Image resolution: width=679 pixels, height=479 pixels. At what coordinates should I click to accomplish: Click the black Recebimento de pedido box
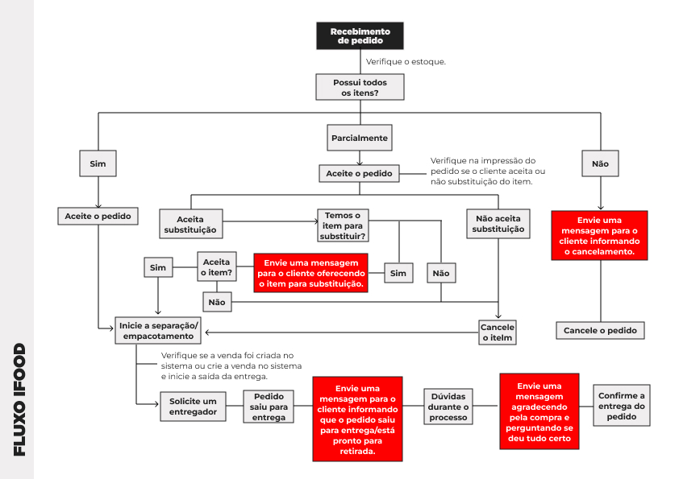360,36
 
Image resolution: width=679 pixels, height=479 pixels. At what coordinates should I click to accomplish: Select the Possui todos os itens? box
360,87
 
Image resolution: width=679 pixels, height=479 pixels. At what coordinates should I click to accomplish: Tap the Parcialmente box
360,138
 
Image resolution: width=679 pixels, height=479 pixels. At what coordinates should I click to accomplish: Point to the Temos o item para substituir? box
343,225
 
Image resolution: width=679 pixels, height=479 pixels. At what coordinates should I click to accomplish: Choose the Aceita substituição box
190,224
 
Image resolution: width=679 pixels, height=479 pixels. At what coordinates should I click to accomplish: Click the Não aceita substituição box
498,224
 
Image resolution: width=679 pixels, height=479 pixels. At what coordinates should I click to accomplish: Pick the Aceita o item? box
216,266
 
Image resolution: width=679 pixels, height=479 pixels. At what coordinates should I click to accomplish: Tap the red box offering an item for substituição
310,273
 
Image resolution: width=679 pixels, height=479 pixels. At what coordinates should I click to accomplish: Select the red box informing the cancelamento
599,236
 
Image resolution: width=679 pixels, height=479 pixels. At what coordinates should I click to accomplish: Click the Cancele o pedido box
600,331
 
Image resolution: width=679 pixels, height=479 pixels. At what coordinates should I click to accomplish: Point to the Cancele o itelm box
498,332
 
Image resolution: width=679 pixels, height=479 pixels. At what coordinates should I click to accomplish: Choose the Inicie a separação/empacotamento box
158,331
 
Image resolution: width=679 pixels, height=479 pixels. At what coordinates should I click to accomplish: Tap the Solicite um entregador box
193,407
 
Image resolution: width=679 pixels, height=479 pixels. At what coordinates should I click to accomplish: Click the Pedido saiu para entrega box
269,407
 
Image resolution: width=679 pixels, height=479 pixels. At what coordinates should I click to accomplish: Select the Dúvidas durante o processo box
448,407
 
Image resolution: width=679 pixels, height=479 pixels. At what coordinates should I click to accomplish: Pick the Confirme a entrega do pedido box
622,406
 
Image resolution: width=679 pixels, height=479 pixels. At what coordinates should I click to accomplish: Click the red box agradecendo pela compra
539,412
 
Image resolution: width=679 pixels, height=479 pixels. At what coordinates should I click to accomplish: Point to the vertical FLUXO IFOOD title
19,399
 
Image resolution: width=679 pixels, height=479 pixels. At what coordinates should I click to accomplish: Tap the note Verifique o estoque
406,62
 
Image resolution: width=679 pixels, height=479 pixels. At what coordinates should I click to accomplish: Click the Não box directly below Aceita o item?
217,302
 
